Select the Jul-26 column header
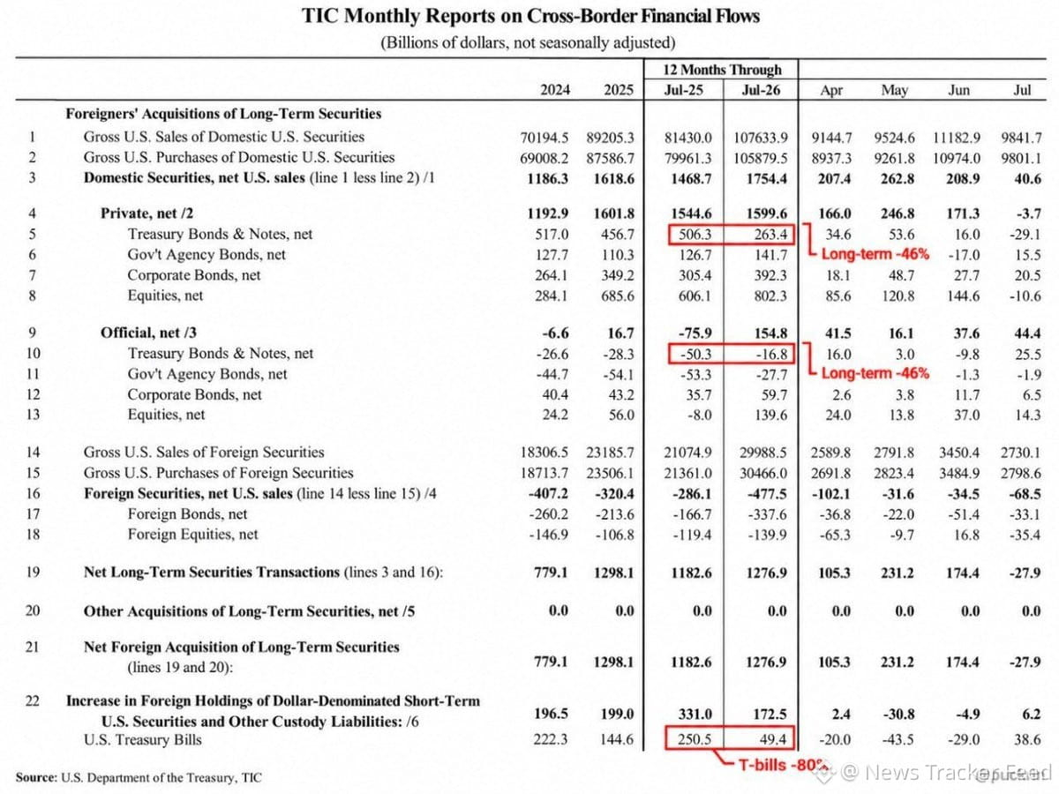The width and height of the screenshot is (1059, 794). click(761, 90)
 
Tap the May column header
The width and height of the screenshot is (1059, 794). click(895, 90)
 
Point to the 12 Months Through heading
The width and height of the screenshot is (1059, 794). click(722, 70)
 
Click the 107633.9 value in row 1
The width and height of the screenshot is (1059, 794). click(761, 138)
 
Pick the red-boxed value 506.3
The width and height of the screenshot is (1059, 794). click(695, 235)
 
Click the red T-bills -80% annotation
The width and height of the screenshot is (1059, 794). click(782, 765)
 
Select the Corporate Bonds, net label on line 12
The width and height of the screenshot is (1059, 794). click(194, 395)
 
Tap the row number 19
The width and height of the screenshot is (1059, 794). click(33, 573)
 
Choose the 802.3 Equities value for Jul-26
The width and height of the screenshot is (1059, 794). click(770, 296)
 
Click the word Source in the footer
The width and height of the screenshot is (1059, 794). click(35, 777)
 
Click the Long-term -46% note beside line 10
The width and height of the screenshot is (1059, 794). click(875, 373)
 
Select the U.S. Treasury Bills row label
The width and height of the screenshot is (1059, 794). click(142, 740)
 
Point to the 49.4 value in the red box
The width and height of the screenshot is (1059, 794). click(773, 739)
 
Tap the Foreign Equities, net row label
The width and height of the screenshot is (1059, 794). click(192, 535)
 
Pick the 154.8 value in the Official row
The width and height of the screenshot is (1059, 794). click(770, 333)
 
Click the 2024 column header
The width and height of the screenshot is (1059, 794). click(555, 90)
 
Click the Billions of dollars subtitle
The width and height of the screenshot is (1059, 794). click(529, 43)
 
